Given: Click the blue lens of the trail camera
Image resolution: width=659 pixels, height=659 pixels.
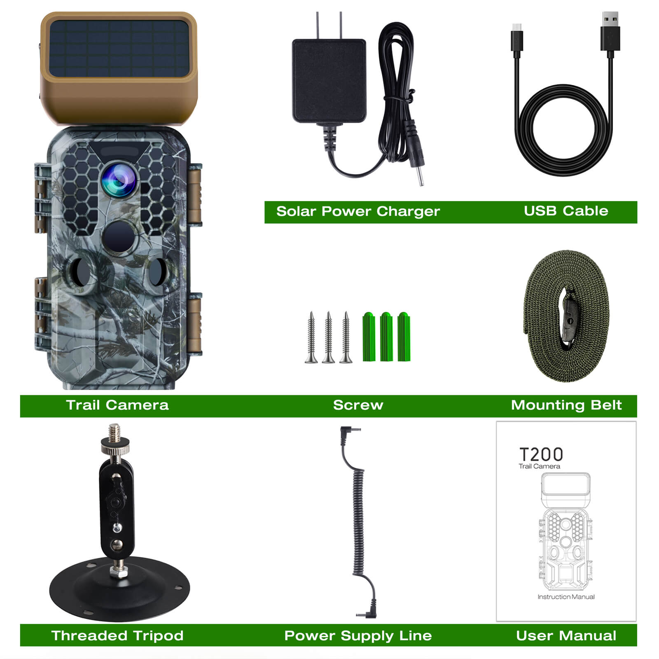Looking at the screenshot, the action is coord(119,180).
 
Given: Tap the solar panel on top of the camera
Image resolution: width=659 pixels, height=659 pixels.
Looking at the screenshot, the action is coord(119,49).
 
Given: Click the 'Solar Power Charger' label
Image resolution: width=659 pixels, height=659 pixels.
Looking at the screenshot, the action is coord(358,211).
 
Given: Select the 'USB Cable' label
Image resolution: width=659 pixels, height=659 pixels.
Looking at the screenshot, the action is coord(566,211).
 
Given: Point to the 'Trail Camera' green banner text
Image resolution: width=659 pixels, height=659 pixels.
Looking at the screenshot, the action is coord(117,405).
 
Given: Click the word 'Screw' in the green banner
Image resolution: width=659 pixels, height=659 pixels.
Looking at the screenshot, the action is coord(358,405).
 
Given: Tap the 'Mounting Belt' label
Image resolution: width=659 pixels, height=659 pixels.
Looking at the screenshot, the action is coord(566,405).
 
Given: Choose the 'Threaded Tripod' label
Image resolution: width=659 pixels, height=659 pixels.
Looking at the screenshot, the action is coord(117,636).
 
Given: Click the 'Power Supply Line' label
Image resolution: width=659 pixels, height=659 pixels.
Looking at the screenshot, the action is coord(358,636).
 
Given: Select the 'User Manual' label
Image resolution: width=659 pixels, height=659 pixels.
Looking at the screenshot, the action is coord(566,636).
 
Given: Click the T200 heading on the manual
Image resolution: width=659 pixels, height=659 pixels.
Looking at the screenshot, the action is coord(541,454).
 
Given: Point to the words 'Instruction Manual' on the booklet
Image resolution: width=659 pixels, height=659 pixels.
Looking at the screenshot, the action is coord(566,597).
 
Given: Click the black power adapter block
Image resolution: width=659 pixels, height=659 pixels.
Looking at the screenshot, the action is coord(329,81).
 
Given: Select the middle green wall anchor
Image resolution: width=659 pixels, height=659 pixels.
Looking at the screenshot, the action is coord(386,337).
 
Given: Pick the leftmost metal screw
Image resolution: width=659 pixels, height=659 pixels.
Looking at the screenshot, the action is coord(311,337).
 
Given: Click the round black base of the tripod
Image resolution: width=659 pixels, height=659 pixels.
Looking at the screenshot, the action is coord(119,589).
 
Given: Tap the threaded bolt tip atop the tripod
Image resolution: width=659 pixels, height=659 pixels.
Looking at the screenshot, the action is coord(115,433).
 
